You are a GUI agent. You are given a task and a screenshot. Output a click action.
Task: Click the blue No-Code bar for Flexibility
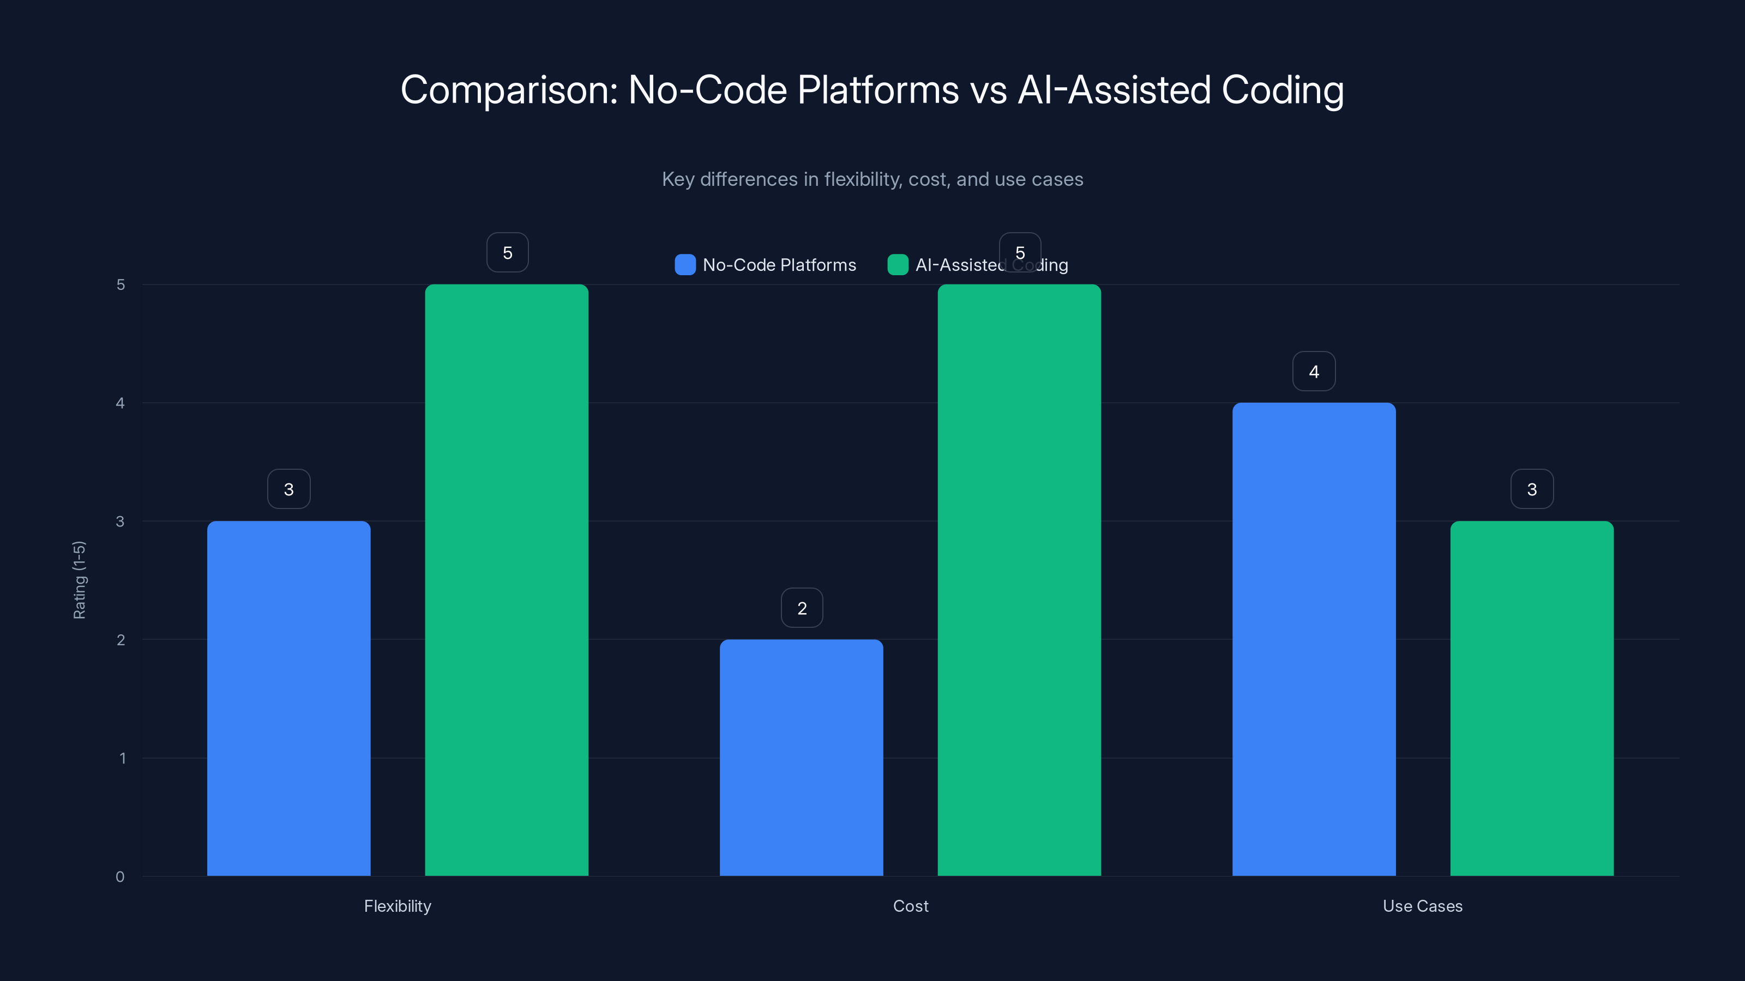tap(288, 698)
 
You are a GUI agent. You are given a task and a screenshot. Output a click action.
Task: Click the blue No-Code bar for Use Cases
tap(1314, 639)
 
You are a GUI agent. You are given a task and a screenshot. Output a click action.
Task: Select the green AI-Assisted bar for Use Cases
tap(1532, 698)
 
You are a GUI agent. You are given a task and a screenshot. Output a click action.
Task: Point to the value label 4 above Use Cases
tap(1314, 371)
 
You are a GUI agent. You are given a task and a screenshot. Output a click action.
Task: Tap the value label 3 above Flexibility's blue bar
tap(288, 489)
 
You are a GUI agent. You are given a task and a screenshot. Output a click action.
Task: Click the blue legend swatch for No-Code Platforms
tap(685, 265)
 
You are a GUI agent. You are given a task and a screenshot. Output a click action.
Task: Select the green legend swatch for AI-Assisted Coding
tap(898, 265)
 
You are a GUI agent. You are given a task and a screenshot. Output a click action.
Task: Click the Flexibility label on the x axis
tap(398, 906)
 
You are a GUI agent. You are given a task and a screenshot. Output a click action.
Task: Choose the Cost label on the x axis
tap(911, 906)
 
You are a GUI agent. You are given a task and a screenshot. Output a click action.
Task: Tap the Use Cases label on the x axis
tap(1423, 906)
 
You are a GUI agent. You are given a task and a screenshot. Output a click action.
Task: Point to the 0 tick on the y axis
tap(120, 877)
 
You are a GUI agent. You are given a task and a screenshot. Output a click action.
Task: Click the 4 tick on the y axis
tap(120, 403)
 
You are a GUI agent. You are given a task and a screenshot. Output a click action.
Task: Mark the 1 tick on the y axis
tap(123, 758)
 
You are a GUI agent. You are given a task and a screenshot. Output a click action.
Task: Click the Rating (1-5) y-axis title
tap(79, 579)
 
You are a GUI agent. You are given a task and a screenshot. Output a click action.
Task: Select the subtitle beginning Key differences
tap(872, 179)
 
